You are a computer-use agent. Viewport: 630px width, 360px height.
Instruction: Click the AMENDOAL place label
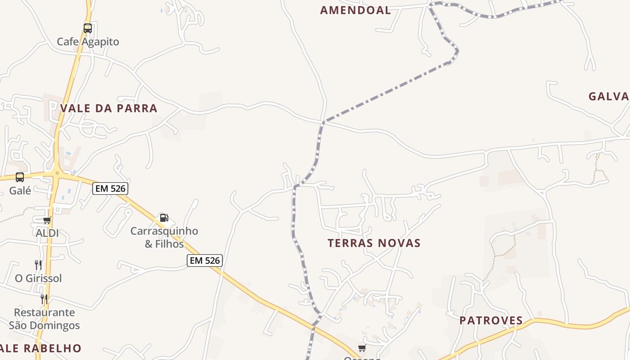click(355, 10)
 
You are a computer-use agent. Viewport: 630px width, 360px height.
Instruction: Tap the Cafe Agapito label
click(88, 42)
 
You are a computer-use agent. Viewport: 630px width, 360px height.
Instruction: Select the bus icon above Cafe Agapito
click(88, 28)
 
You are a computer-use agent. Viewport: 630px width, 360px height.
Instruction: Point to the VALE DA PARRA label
click(109, 108)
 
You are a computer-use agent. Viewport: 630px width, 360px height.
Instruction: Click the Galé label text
click(20, 191)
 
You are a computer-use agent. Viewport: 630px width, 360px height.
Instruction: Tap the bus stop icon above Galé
click(20, 177)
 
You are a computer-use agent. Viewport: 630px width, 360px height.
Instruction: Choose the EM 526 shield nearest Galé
click(110, 189)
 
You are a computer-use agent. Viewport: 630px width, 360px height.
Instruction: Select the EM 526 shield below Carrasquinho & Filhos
click(205, 261)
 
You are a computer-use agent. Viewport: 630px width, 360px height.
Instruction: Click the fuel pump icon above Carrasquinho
click(164, 218)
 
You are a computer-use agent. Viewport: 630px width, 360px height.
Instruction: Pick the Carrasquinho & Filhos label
click(164, 238)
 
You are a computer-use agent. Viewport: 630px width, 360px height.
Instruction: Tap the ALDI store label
click(47, 234)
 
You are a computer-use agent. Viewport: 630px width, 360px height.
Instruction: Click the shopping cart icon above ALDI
click(47, 220)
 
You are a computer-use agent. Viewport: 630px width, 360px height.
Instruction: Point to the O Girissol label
click(38, 279)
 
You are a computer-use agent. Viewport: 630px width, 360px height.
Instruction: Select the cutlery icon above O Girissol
click(38, 265)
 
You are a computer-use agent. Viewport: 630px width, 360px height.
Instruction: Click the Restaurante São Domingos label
click(44, 319)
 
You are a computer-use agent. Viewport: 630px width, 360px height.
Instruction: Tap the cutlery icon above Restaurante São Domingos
click(44, 299)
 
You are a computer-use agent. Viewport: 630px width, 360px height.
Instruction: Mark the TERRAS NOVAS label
click(374, 243)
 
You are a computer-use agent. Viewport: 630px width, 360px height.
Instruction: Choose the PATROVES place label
click(491, 321)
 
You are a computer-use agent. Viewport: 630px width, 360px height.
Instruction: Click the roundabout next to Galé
click(57, 173)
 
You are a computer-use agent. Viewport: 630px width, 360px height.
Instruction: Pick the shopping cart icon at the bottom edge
click(362, 348)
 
